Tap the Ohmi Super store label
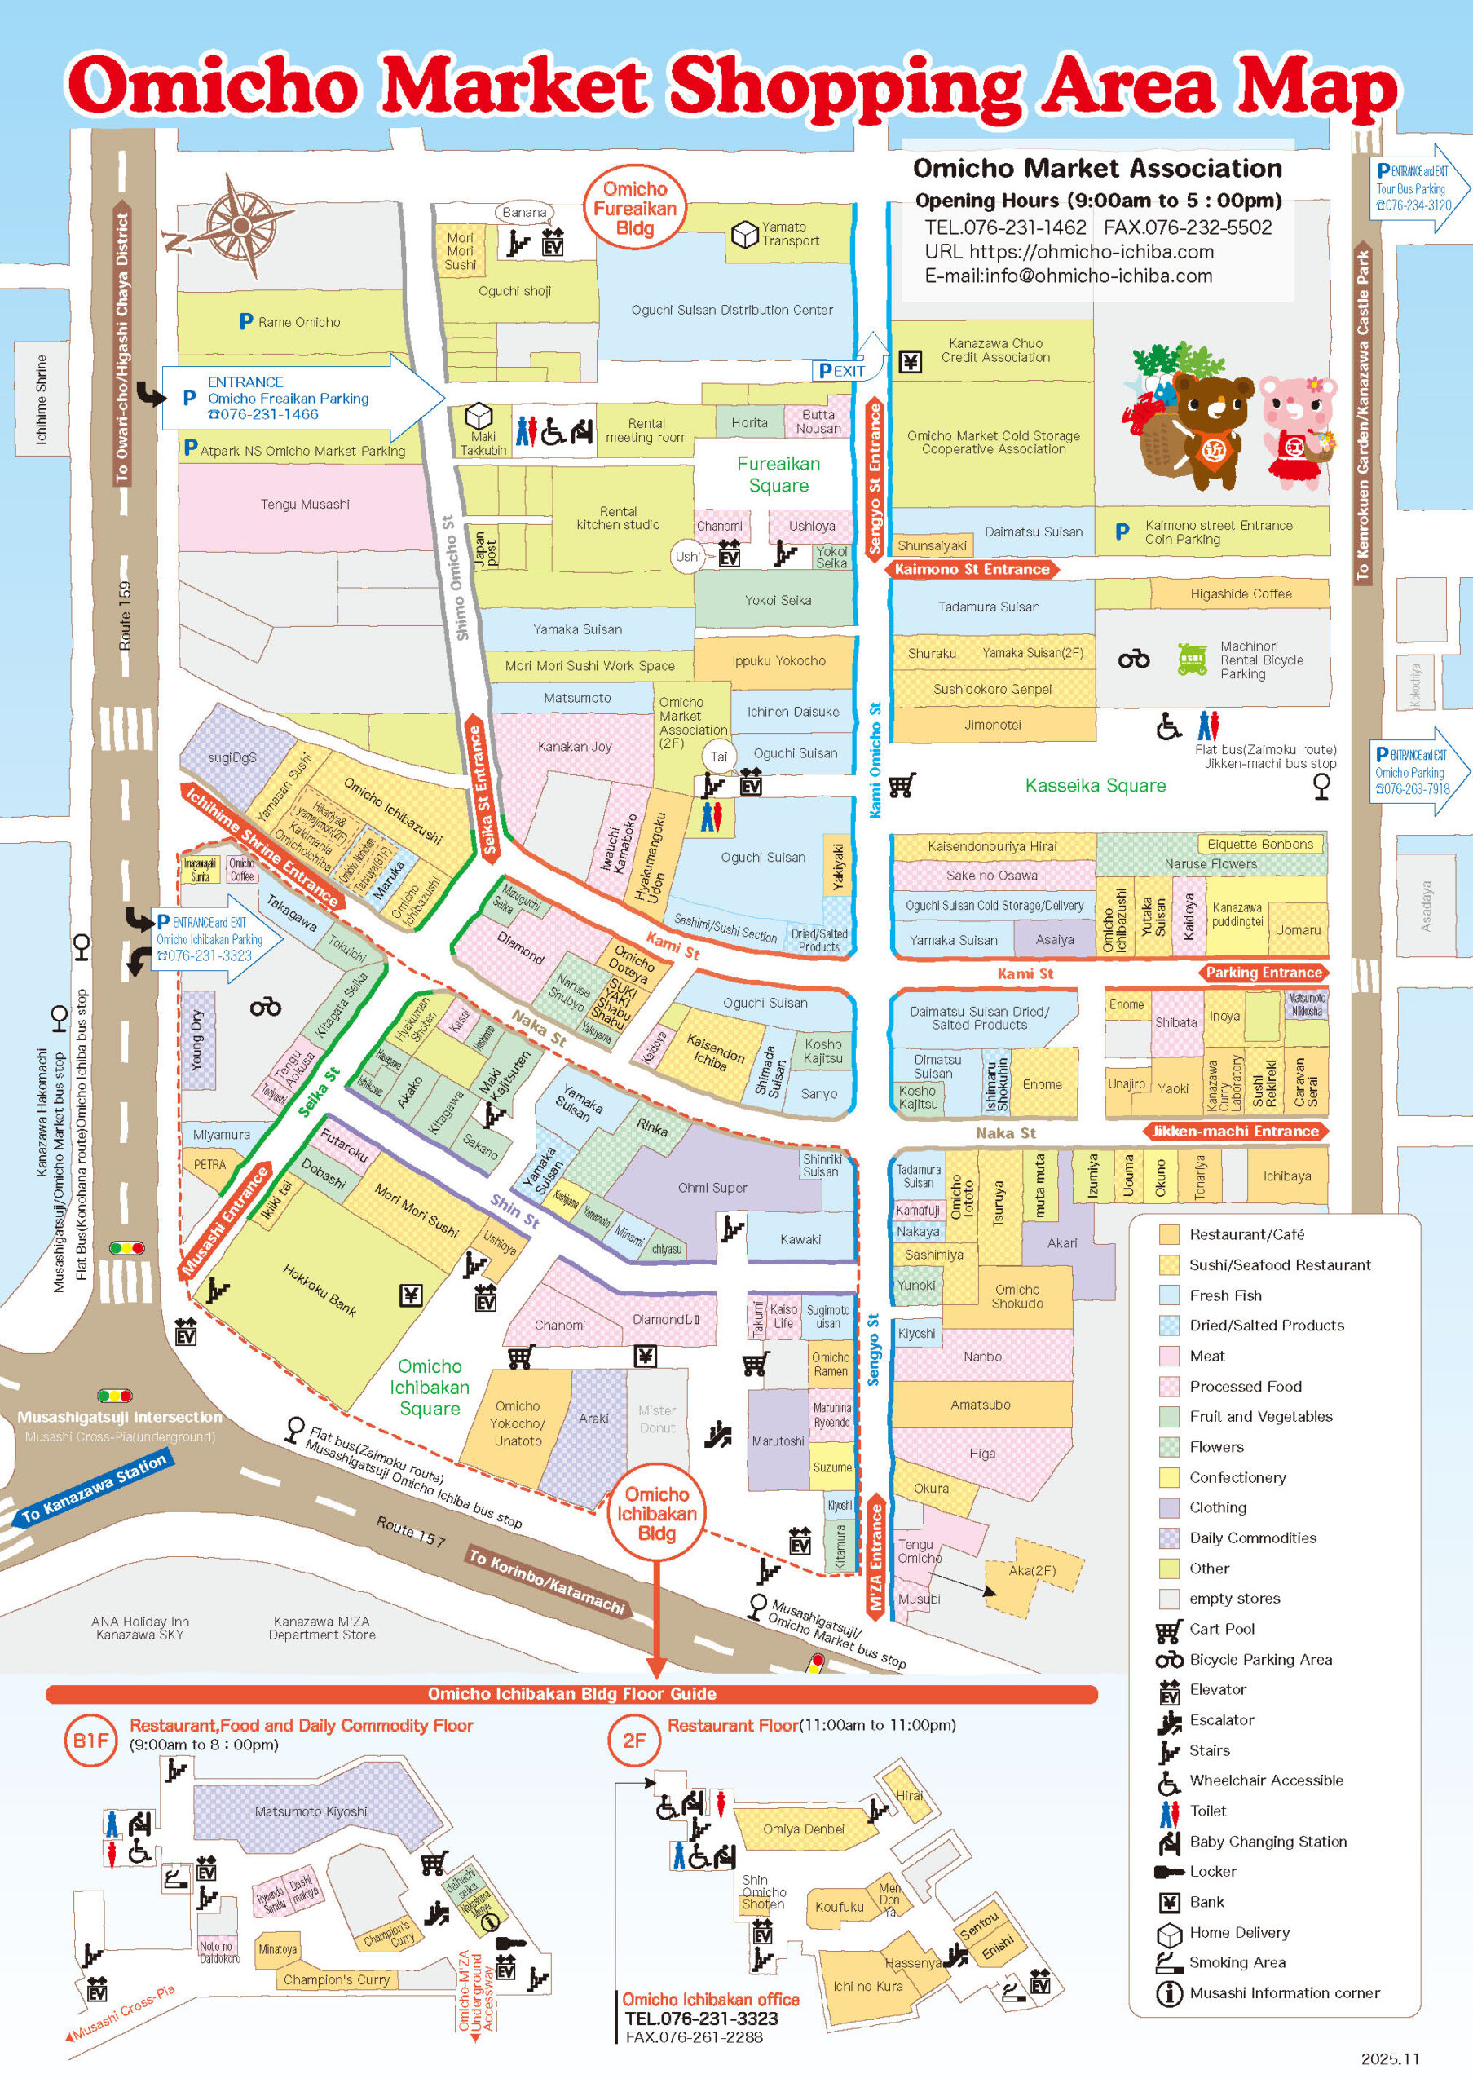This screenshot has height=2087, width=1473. click(712, 1187)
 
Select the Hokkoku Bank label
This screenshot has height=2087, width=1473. click(319, 1290)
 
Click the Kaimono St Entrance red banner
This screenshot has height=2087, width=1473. click(972, 569)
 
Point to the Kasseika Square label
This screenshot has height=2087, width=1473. click(1095, 785)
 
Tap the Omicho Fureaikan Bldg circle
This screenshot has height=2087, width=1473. click(634, 208)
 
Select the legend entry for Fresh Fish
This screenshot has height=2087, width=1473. click(1224, 1295)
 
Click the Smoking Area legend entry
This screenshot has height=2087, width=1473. click(1236, 1961)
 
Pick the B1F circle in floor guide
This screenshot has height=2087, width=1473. click(90, 1740)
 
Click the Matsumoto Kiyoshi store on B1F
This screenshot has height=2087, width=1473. click(311, 1811)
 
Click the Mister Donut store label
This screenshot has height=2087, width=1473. click(656, 1418)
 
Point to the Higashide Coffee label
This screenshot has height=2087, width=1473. click(1240, 593)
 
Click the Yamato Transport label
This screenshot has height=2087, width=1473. click(789, 234)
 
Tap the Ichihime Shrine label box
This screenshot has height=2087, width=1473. click(41, 399)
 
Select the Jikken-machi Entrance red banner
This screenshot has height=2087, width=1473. click(1234, 1131)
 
